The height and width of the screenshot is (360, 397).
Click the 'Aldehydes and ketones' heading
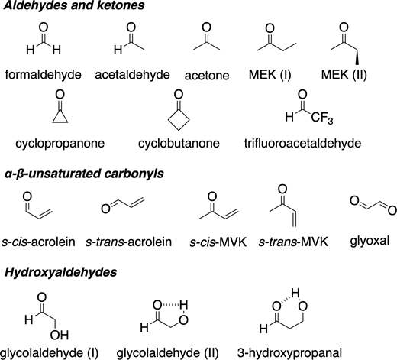(x=74, y=5)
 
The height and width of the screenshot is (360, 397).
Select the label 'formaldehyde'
(x=44, y=75)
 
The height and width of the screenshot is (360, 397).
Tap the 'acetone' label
(x=207, y=76)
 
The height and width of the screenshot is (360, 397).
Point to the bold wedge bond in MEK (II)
(x=357, y=57)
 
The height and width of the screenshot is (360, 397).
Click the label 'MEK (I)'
(x=270, y=75)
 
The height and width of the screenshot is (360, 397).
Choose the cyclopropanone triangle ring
(x=60, y=116)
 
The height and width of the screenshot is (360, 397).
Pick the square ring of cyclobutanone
(x=179, y=120)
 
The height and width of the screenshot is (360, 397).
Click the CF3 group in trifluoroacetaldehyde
(x=321, y=118)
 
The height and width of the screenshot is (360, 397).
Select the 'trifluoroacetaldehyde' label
(x=302, y=144)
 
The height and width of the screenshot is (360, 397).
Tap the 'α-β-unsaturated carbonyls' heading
(x=84, y=174)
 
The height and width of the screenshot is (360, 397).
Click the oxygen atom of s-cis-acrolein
(x=27, y=196)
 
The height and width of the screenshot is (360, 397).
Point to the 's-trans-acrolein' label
(x=128, y=242)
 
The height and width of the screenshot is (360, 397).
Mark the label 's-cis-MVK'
(x=218, y=242)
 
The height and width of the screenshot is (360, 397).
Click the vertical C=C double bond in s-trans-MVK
(x=294, y=219)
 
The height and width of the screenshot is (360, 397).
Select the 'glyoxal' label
(x=370, y=241)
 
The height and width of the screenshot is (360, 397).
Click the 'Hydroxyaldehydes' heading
(x=60, y=272)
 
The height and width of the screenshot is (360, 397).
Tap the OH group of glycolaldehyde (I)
(x=60, y=336)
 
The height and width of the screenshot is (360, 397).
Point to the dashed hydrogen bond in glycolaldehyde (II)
(x=171, y=304)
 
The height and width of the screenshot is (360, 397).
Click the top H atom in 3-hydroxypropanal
(x=295, y=293)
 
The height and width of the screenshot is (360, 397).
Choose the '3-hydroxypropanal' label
(x=289, y=353)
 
